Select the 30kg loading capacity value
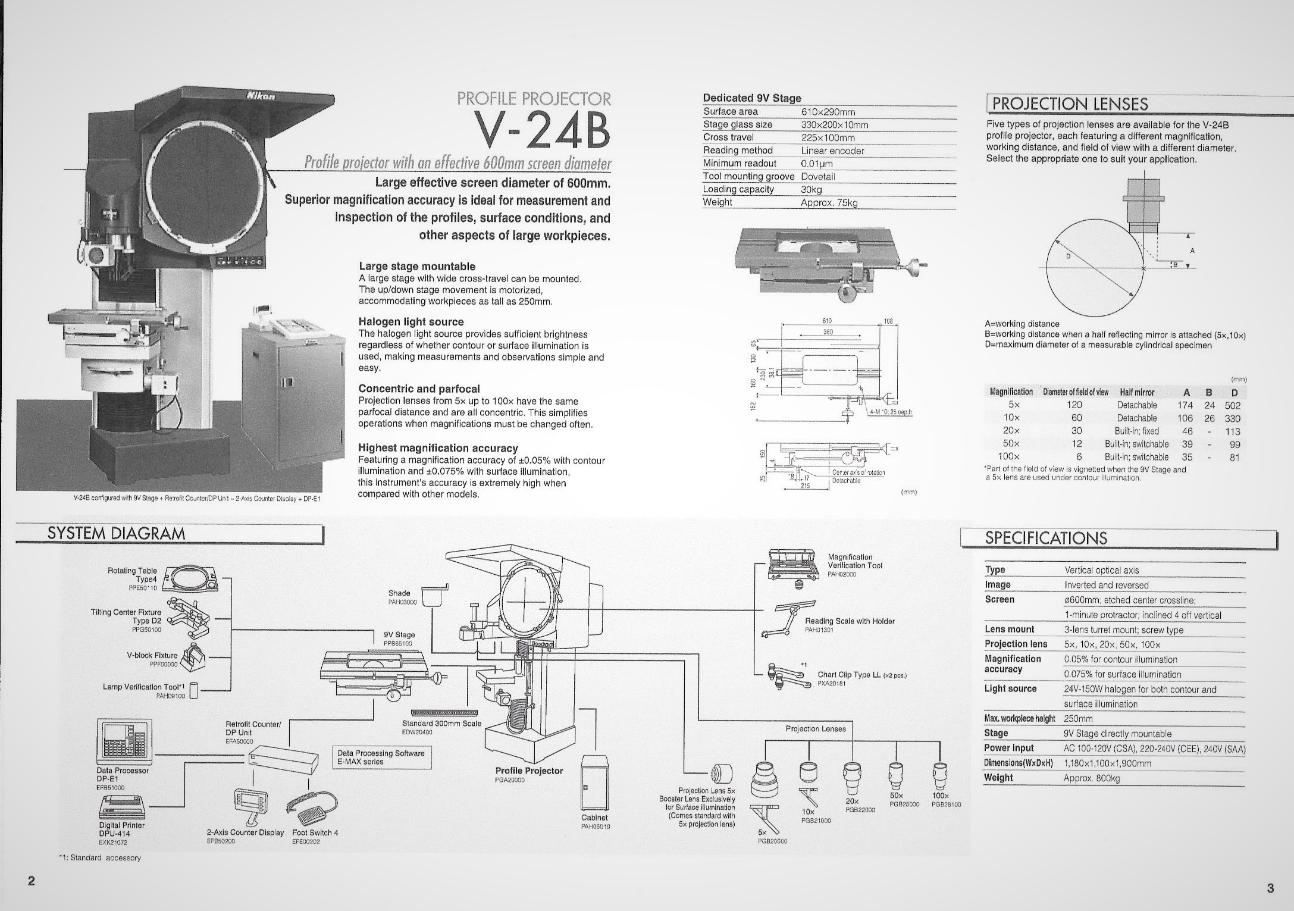811,189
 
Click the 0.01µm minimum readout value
816,163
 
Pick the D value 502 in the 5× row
1232,405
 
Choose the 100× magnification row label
1011,457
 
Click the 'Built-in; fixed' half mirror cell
1136,431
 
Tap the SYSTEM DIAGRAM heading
117,534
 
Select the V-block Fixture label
152,655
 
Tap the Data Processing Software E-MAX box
381,757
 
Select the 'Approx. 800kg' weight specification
1091,778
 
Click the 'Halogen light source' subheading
411,322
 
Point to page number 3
1270,889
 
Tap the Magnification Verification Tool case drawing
794,565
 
